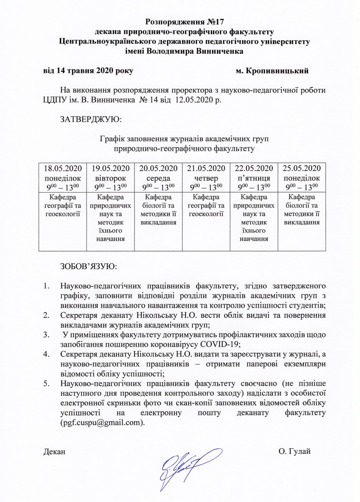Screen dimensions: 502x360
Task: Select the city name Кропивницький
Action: (x=277, y=71)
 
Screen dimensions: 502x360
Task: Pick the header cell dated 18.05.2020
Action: (x=63, y=177)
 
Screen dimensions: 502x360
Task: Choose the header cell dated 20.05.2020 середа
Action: (x=158, y=177)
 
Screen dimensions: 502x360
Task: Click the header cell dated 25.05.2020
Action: (x=302, y=177)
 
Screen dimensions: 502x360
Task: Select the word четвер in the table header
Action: (x=206, y=178)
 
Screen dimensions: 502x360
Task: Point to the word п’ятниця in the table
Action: (x=254, y=178)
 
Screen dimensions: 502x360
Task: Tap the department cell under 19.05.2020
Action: (x=110, y=218)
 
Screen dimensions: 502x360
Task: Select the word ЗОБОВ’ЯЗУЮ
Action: (x=89, y=266)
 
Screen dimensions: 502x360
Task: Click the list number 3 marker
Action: (x=46, y=335)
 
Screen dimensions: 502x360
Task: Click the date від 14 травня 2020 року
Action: (x=88, y=71)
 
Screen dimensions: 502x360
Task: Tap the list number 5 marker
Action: (x=46, y=384)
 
